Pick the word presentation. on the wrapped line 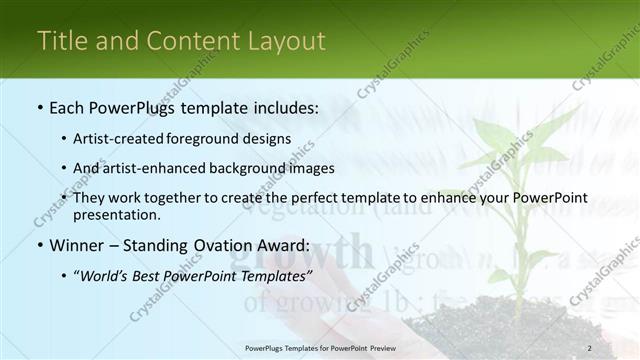114,214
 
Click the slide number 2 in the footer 589,348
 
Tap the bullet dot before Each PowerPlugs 39,107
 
